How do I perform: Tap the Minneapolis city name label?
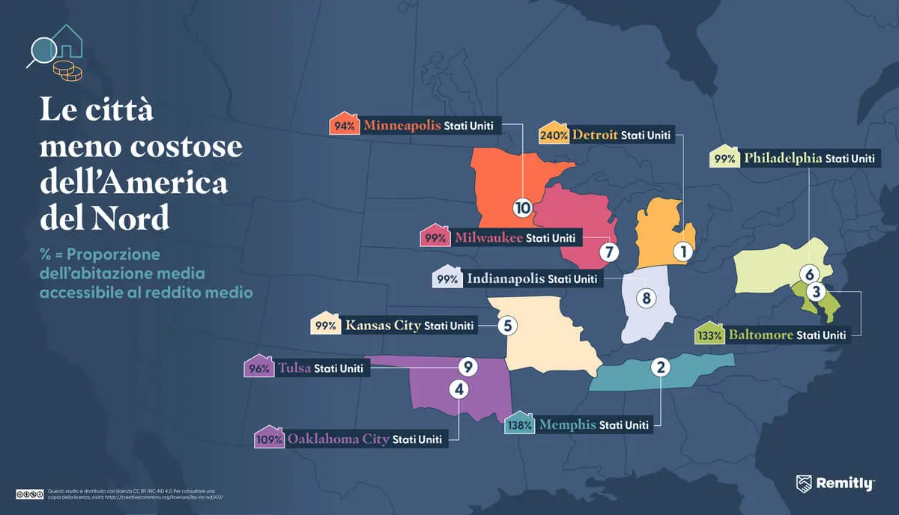[402, 126]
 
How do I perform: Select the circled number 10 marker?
[522, 207]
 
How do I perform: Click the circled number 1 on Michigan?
[682, 252]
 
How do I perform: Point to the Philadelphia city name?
[782, 159]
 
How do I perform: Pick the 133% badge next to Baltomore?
[710, 335]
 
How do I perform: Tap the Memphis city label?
[566, 424]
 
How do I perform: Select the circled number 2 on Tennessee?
[660, 367]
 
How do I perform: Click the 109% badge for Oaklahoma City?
[269, 439]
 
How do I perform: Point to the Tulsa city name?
[294, 368]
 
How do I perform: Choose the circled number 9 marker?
[467, 367]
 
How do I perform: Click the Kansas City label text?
[382, 326]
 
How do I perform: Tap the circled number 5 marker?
[507, 326]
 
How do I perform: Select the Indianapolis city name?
[505, 278]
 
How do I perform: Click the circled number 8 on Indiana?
[646, 298]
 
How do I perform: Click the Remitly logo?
[835, 484]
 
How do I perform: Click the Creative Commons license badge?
[28, 493]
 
